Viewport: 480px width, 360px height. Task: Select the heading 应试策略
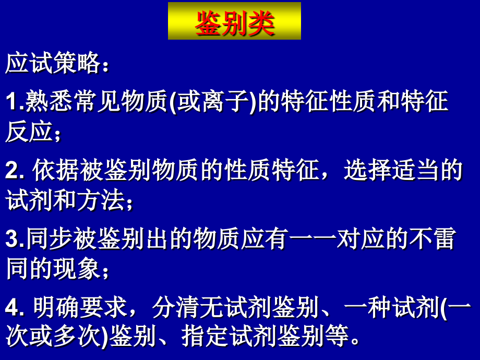pos(52,65)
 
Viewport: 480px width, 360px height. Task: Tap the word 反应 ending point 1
pos(29,133)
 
